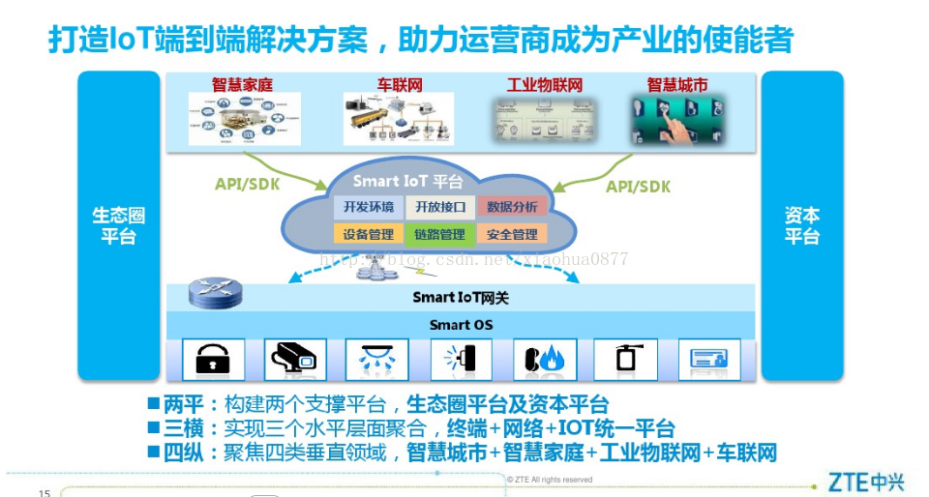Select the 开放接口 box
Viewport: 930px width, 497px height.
point(440,207)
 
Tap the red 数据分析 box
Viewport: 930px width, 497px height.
point(512,207)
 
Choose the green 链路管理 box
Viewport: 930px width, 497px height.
point(440,234)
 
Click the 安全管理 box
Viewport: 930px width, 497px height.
point(512,234)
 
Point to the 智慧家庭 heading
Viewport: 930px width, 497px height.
point(242,85)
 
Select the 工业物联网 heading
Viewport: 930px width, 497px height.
point(543,85)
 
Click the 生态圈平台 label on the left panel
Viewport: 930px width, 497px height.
point(119,225)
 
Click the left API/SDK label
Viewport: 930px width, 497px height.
point(244,185)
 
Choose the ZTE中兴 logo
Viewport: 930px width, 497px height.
point(862,481)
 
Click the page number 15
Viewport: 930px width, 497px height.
point(44,493)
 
